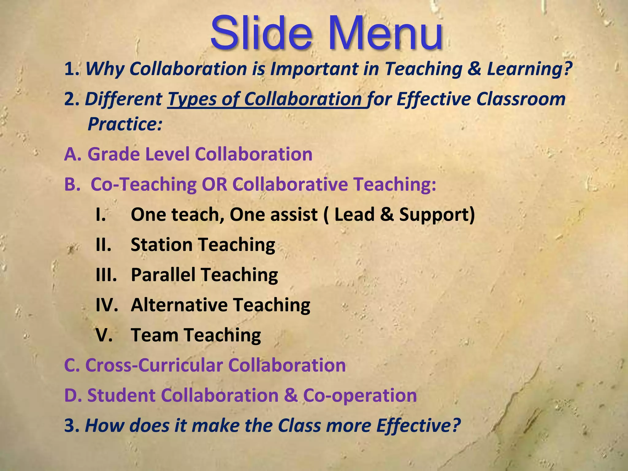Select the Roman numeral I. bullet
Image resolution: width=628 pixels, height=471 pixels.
click(101, 215)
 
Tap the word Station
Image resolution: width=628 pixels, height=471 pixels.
click(162, 245)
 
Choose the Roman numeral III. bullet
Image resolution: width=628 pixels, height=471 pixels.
click(106, 275)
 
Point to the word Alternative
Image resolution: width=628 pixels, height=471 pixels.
click(179, 305)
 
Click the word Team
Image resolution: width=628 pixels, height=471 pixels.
click(155, 335)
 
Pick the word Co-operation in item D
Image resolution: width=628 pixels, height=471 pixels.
click(360, 395)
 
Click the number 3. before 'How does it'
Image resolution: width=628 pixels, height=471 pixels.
click(71, 426)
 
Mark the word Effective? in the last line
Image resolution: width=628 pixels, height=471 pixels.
click(419, 426)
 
